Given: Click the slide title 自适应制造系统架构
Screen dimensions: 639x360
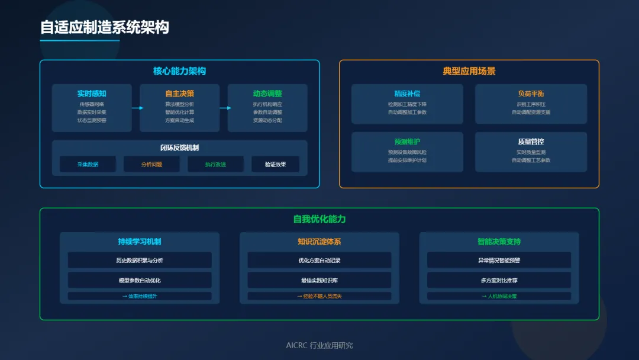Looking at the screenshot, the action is pos(104,28).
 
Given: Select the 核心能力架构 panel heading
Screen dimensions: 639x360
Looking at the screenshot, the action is pos(179,71).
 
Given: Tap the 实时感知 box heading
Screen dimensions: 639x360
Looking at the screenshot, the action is pos(92,94).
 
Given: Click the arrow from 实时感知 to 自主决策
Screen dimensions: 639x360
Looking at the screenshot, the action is pos(137,108).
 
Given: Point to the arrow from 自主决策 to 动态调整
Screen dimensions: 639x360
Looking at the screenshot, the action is pos(224,108).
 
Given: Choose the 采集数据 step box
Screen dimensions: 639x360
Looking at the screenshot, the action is pos(88,165).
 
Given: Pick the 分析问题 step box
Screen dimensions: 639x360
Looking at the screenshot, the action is pos(151,165).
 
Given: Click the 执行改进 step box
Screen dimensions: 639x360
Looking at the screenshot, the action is pos(215,165).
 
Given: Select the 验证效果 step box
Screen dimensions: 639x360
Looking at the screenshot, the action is pos(275,165).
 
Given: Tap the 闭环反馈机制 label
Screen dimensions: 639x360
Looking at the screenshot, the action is pos(179,147).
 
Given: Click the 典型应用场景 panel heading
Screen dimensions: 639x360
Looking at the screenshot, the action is pos(469,71).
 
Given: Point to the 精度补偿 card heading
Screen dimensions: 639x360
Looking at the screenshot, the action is pos(407,94).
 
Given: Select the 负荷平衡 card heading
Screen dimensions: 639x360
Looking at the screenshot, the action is pos(531,94).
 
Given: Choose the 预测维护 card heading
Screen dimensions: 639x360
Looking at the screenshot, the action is pos(407,142).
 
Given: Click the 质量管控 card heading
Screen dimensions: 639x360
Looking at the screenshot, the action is pos(531,142).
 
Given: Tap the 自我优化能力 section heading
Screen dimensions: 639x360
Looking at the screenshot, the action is pos(319,219).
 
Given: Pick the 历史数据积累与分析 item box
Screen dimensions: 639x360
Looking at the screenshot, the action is pos(140,261).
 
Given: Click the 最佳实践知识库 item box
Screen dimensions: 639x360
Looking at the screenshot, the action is pos(319,280).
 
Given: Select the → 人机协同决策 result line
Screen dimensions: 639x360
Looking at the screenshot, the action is pos(499,296).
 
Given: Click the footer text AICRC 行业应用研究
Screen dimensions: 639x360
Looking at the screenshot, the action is pos(319,345).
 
